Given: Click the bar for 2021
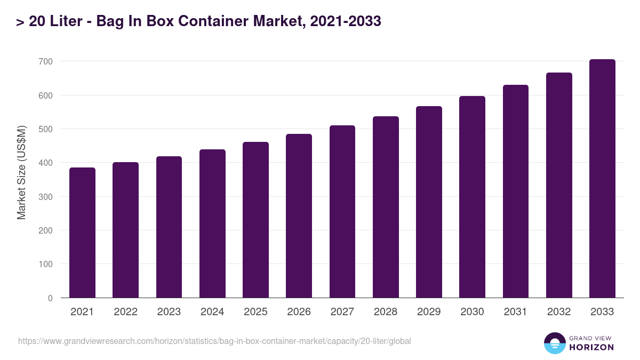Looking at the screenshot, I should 82,233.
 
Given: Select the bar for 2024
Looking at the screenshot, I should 212,223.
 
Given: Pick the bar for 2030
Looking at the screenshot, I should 472,197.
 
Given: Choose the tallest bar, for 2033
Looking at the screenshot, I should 602,178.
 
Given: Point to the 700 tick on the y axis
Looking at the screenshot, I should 45,62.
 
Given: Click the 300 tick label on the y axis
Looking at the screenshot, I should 45,197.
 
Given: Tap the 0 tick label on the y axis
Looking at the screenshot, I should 50,298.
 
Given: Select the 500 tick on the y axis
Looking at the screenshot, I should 45,129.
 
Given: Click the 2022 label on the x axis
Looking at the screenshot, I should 125,312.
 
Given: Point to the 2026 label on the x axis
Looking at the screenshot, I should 299,312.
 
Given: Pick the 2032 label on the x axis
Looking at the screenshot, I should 559,312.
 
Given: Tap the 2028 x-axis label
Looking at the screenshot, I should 386,312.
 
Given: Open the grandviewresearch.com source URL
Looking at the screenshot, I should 214,341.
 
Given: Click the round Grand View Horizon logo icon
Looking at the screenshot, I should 554,343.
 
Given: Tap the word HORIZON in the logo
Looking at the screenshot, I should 591,347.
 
